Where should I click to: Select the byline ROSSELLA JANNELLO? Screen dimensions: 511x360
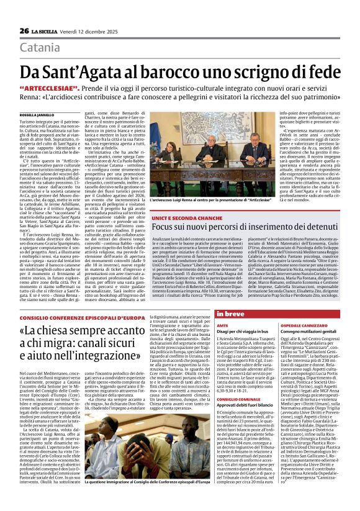[37, 115]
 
